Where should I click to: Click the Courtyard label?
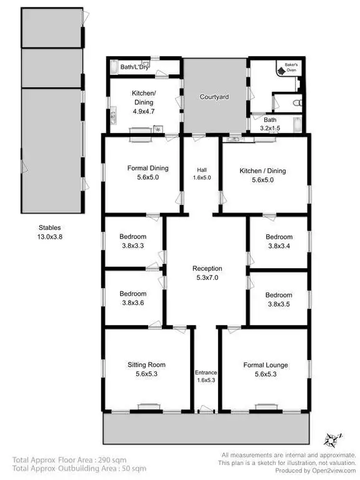tap(214, 97)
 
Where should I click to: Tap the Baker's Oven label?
tap(291, 67)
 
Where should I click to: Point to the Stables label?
tap(49, 228)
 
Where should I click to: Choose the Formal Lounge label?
tap(265, 365)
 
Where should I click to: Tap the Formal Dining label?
tap(147, 168)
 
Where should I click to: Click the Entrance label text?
tap(206, 372)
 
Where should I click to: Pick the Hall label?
tap(201, 169)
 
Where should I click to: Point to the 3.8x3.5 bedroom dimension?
tap(279, 304)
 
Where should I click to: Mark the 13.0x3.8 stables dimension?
tap(49, 237)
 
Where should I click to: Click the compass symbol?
tap(334, 439)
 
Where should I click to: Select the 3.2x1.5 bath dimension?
tap(270, 128)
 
